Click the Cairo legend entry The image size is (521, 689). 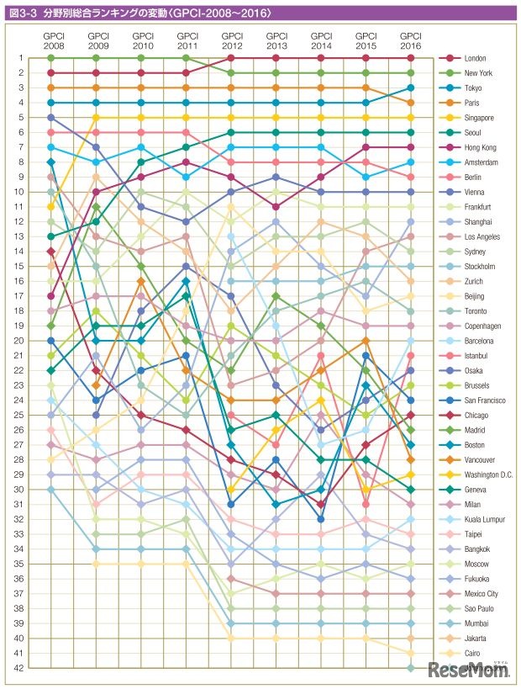click(471, 653)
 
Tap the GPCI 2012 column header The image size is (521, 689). click(232, 40)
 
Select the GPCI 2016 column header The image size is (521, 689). click(410, 40)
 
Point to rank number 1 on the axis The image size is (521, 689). click(33, 58)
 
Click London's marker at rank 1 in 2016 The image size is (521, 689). click(410, 58)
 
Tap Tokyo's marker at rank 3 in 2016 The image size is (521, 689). click(410, 87)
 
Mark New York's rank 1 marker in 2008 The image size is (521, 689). click(51, 58)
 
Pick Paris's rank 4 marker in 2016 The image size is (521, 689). click(410, 103)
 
